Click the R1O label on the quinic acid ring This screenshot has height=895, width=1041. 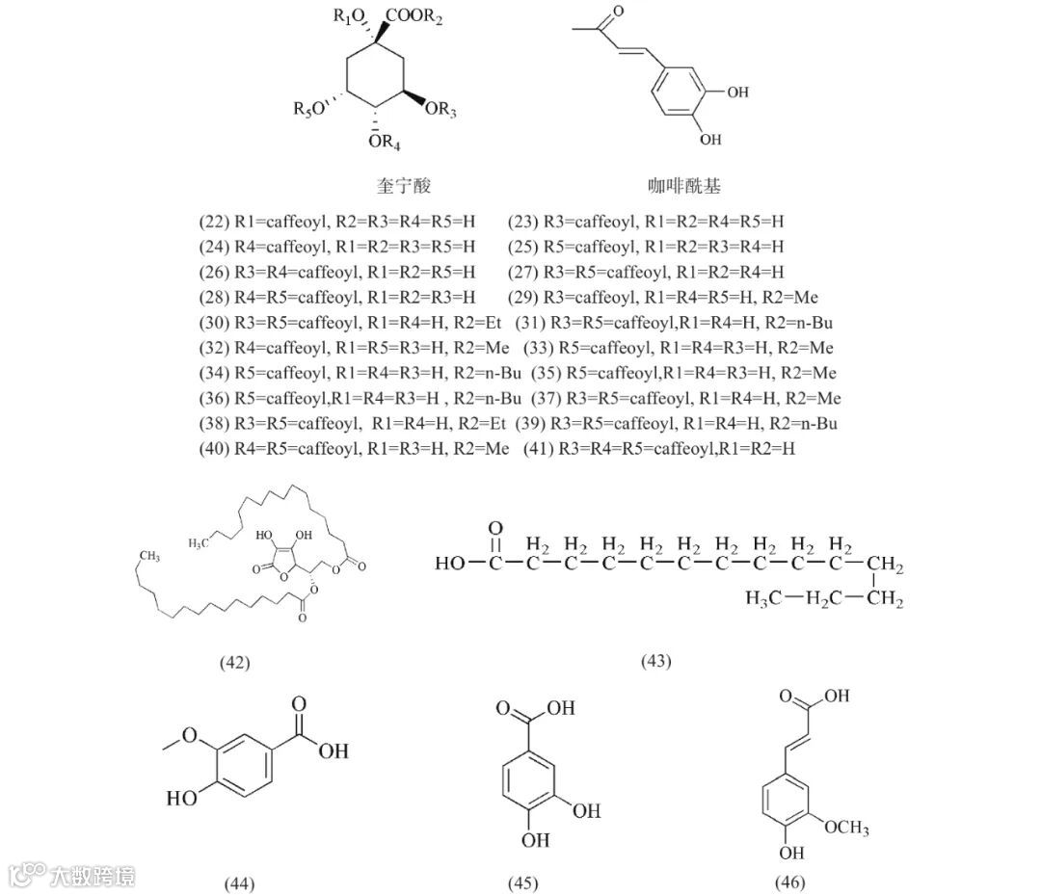352,16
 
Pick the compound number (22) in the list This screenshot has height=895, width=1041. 213,222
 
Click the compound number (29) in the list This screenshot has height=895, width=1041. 523,297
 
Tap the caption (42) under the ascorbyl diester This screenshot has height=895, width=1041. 235,662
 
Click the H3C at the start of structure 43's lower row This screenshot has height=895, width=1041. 762,599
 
